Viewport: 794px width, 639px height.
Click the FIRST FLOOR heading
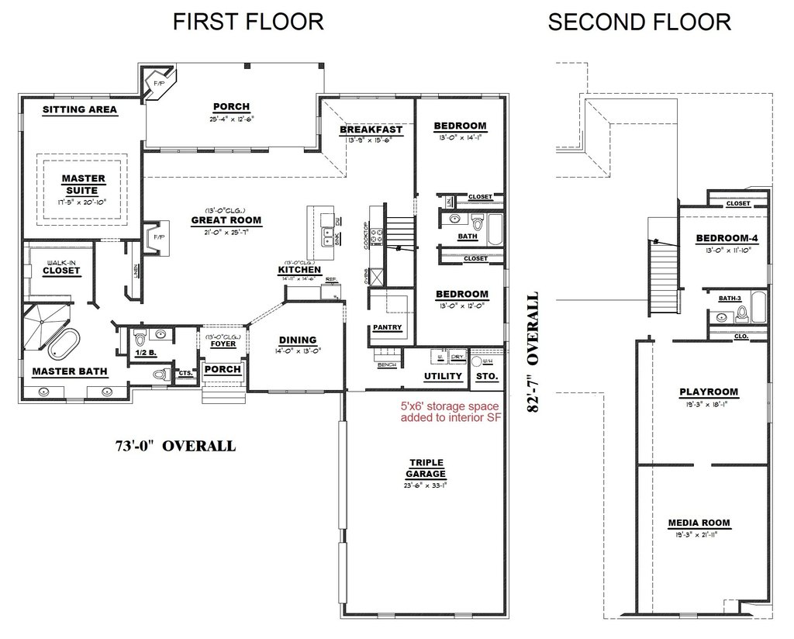click(248, 22)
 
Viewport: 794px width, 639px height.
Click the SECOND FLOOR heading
click(639, 22)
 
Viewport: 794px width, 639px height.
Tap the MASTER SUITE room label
click(83, 185)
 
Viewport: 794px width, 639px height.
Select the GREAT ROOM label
click(226, 220)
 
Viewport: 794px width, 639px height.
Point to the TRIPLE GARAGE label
click(427, 468)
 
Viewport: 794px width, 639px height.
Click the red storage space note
click(451, 412)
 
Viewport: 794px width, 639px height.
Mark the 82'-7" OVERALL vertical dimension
click(533, 353)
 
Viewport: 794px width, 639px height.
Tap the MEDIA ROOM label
click(699, 523)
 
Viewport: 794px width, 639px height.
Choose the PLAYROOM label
click(709, 392)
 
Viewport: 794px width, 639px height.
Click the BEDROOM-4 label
click(727, 238)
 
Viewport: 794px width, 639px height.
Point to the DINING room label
click(298, 340)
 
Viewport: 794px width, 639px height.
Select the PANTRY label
click(387, 327)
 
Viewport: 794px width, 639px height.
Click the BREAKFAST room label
click(371, 130)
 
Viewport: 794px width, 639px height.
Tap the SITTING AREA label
click(80, 110)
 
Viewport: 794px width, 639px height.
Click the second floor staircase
click(663, 275)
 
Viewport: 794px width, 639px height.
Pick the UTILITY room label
click(443, 376)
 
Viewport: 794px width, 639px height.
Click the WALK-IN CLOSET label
click(61, 267)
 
